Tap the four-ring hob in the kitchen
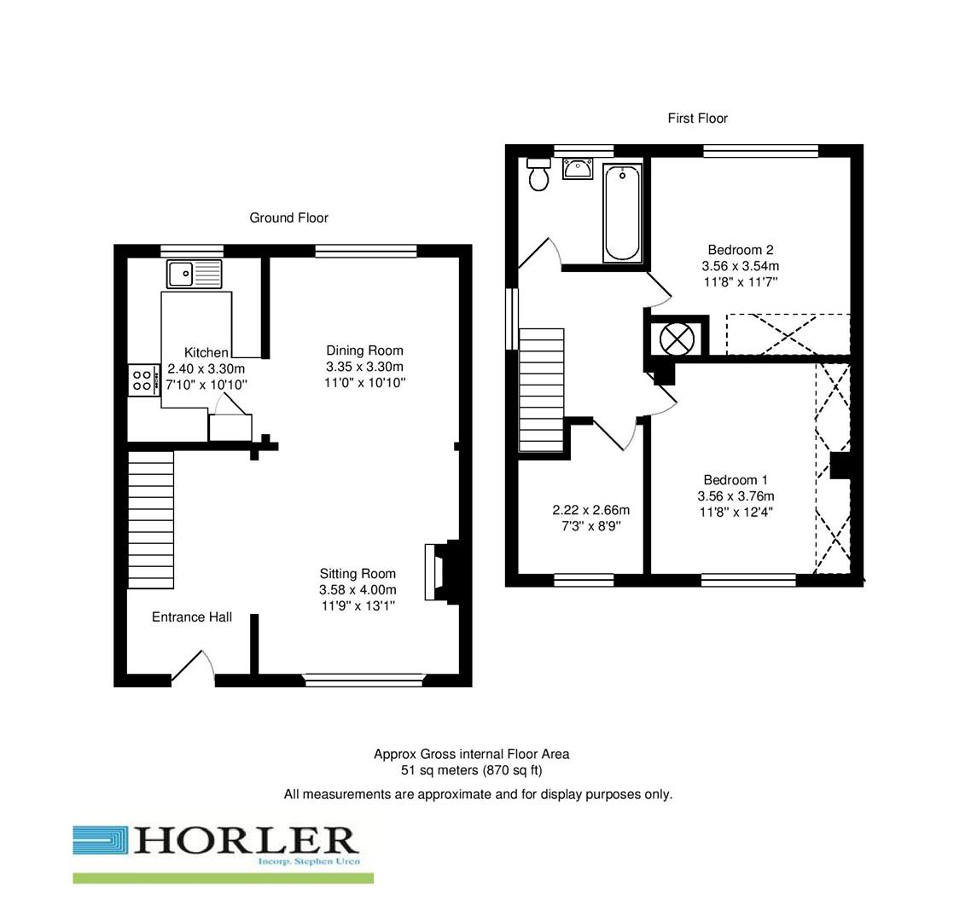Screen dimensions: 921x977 click(142, 379)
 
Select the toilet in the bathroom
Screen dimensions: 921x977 click(538, 175)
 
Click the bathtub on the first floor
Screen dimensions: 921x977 click(622, 212)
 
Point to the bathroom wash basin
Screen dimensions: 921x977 click(578, 168)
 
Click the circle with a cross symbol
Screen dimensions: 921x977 click(677, 339)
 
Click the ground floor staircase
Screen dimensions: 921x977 click(151, 519)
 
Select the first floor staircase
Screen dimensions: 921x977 click(542, 390)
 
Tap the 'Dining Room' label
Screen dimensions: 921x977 click(364, 350)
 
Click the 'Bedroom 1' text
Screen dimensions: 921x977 click(736, 480)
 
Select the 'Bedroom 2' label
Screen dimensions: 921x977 click(740, 250)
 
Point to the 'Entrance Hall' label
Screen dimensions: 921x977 click(192, 617)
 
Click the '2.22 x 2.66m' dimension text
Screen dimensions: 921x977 click(591, 510)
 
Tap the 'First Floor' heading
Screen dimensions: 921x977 click(697, 119)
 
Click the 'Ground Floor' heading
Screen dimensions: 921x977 click(288, 217)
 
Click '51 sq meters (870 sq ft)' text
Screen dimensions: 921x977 click(471, 770)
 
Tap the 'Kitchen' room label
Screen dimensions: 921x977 click(206, 352)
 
